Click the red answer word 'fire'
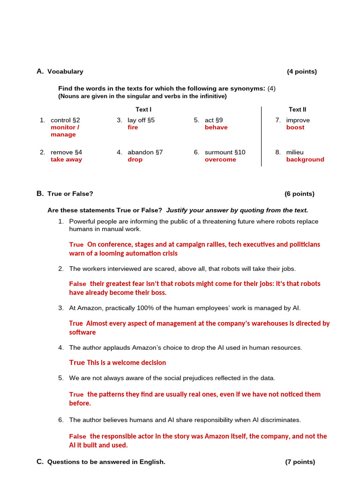133,127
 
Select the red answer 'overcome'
220,159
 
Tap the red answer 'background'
305,159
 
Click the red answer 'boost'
295,127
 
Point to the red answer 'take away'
66,159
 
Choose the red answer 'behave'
216,127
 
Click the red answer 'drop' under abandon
135,159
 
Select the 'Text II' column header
297,109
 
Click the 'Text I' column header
143,109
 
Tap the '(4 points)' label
302,72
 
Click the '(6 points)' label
300,194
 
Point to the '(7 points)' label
300,462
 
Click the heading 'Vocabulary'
65,72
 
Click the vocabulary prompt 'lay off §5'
141,120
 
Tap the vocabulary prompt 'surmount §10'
225,152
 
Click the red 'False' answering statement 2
78,284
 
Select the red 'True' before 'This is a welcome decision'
77,363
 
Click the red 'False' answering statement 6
78,436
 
